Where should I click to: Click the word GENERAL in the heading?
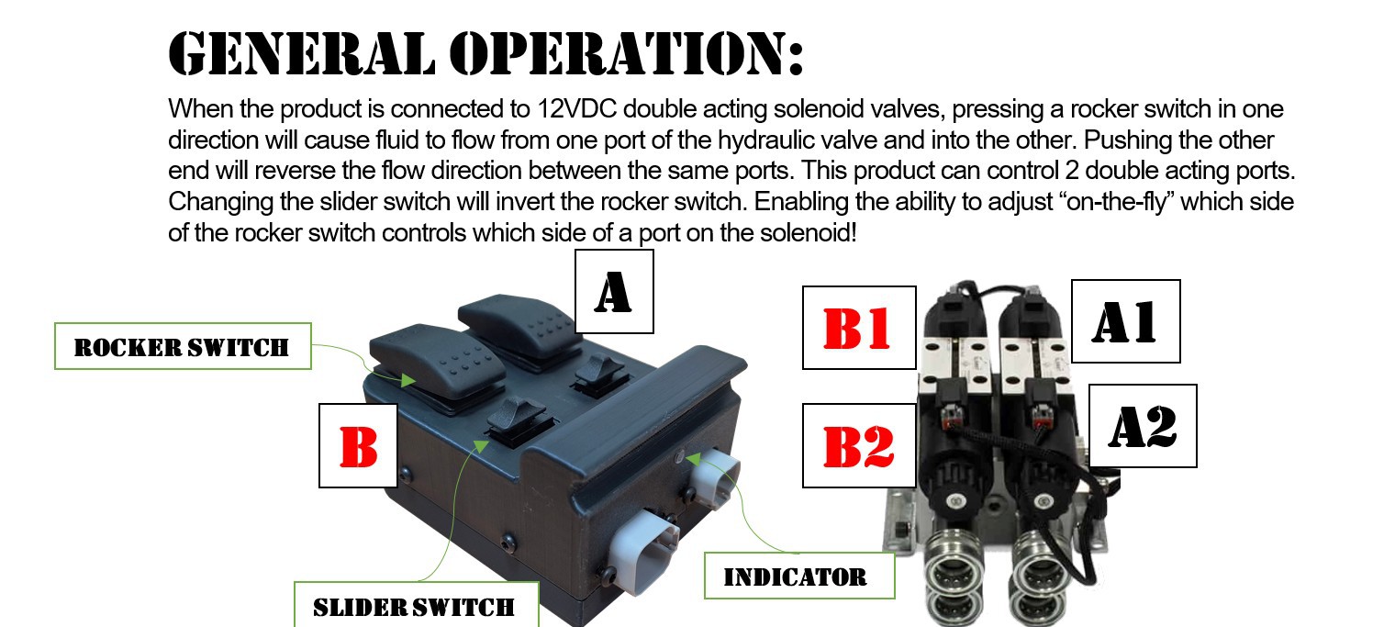(x=301, y=53)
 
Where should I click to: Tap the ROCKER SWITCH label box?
(x=183, y=346)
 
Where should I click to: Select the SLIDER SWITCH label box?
(x=416, y=605)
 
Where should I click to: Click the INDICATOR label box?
(x=799, y=576)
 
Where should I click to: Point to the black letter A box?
(x=614, y=291)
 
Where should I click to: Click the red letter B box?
(x=358, y=446)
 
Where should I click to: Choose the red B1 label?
(x=859, y=328)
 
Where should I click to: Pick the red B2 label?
(x=859, y=446)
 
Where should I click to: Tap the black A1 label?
(x=1125, y=321)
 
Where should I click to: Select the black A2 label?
(x=1143, y=426)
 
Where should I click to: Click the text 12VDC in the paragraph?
(x=576, y=109)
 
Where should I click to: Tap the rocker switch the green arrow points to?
(x=439, y=365)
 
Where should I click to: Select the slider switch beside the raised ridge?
(x=599, y=373)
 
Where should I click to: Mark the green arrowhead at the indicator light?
(x=693, y=460)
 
